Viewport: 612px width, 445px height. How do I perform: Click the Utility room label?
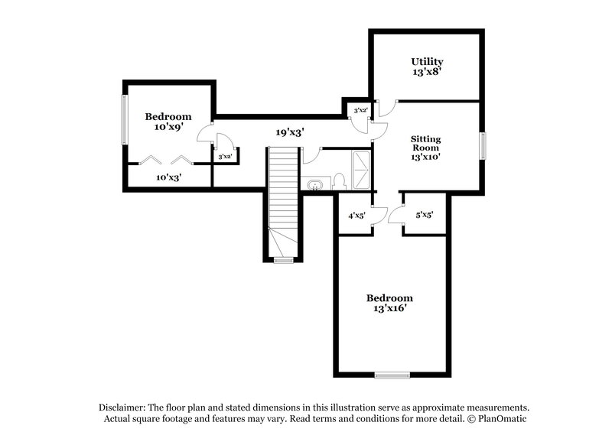(427, 61)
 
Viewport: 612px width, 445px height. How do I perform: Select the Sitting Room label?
(426, 143)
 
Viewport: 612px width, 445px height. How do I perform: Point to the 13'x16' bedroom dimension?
(389, 309)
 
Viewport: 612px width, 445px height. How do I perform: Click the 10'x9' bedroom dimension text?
(168, 128)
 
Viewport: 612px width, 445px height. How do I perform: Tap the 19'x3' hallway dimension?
(291, 132)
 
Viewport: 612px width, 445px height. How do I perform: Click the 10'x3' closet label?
(168, 177)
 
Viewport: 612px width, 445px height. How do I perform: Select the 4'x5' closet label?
(356, 216)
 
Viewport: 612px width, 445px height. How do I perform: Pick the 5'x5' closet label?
(425, 216)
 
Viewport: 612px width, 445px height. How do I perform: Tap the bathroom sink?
(315, 184)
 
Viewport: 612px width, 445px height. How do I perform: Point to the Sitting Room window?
(483, 145)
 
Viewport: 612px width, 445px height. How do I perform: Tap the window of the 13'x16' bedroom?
(392, 374)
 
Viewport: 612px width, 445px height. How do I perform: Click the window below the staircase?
(284, 261)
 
